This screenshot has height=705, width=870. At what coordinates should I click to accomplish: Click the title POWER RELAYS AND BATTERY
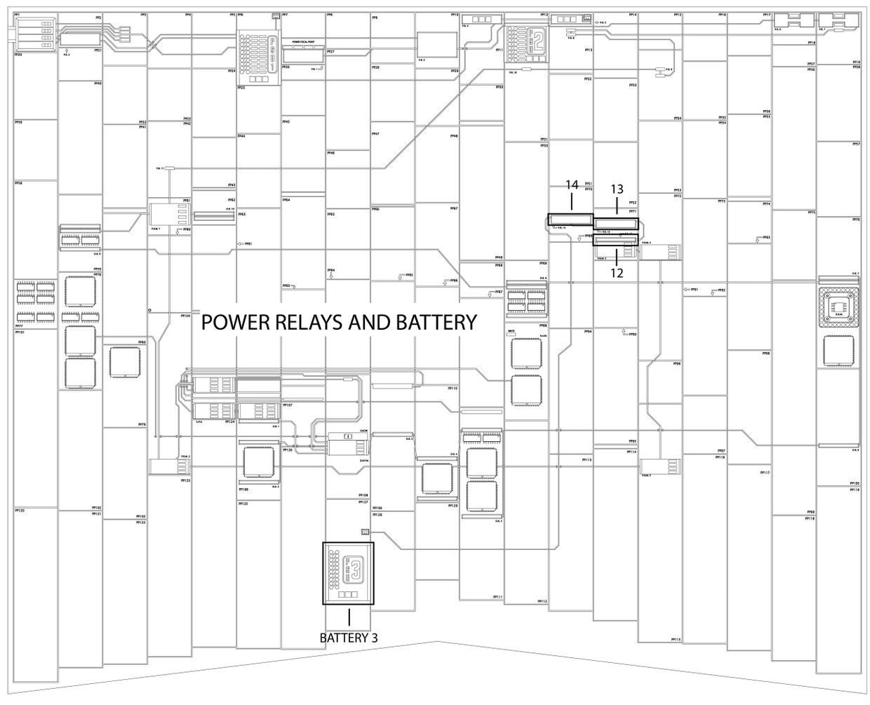click(339, 322)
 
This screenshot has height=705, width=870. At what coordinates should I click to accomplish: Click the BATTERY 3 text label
click(349, 638)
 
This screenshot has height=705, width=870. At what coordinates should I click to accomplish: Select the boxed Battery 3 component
click(348, 573)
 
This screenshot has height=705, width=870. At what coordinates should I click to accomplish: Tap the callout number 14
click(572, 185)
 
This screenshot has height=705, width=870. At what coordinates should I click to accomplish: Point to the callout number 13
click(617, 189)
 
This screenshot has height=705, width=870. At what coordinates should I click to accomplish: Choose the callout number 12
click(617, 274)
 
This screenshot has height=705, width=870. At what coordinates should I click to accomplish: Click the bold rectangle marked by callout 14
click(570, 219)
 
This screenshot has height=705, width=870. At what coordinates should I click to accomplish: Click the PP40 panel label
click(98, 83)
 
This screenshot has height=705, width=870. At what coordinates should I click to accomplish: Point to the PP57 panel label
click(856, 144)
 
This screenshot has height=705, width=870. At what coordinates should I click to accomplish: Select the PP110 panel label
click(453, 388)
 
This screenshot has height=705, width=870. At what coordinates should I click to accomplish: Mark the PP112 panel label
click(542, 601)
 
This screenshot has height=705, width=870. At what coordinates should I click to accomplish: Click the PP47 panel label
click(375, 134)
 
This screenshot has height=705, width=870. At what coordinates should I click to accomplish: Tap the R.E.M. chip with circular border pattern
click(838, 306)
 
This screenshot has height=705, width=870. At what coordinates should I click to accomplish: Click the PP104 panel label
click(185, 316)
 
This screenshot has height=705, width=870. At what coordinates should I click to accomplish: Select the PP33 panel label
click(632, 86)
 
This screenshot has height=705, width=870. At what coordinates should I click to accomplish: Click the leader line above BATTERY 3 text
click(349, 617)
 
